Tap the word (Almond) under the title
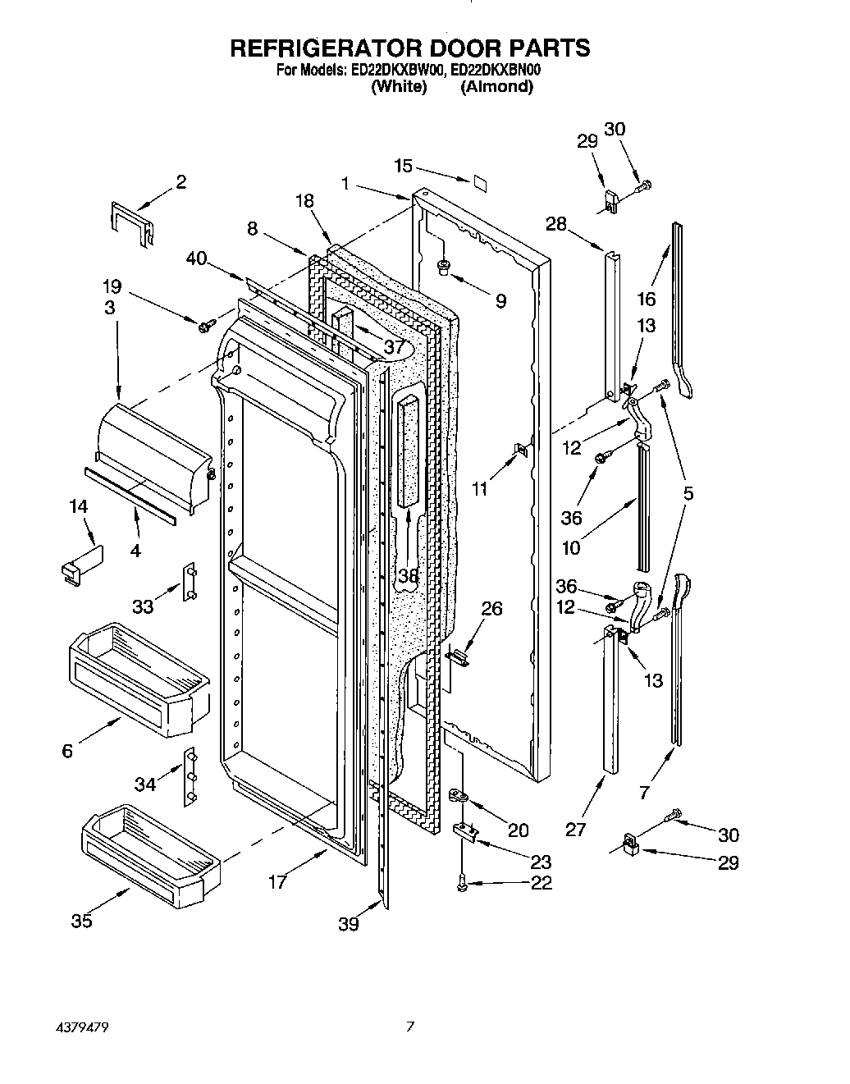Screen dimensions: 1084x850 click(496, 86)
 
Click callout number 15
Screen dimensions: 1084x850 click(403, 166)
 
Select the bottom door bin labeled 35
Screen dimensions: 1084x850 click(148, 846)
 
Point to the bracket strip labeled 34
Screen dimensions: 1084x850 click(190, 774)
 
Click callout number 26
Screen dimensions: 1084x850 click(491, 608)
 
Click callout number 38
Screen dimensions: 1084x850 click(408, 577)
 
